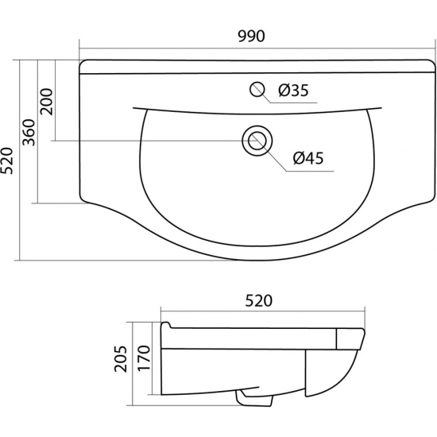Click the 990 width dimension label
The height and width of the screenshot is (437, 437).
(x=251, y=37)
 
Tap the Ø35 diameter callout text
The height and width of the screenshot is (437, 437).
(x=293, y=91)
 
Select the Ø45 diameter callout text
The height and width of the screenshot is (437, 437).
(x=308, y=158)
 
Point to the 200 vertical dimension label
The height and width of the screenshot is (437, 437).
(x=47, y=102)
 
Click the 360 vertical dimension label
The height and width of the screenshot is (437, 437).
(x=29, y=133)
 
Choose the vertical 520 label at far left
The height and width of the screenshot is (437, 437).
(x=6, y=160)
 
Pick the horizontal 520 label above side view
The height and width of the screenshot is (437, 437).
(x=259, y=301)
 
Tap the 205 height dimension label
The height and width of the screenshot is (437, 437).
(x=121, y=359)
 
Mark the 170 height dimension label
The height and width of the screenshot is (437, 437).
(x=144, y=358)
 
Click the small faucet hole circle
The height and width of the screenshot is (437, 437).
(x=257, y=89)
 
